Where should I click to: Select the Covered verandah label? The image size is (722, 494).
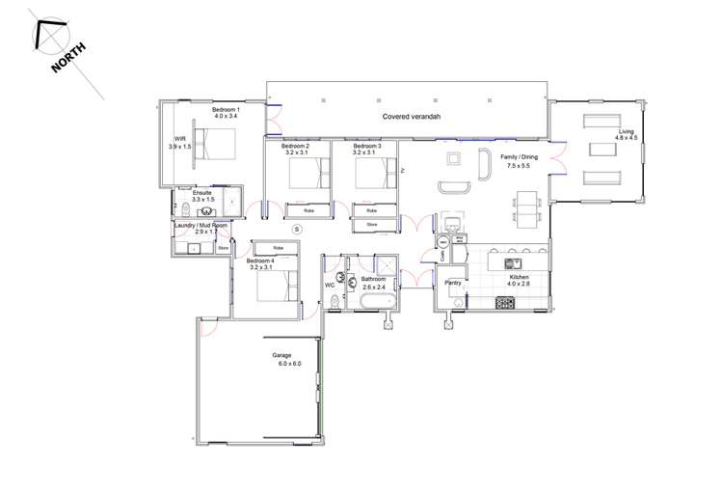click(x=409, y=117)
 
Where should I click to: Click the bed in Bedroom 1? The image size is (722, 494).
click(x=217, y=144)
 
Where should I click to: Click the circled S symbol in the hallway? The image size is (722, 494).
click(x=297, y=229)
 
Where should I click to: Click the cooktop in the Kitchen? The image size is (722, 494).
click(x=506, y=303)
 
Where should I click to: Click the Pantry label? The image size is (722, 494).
click(x=453, y=284)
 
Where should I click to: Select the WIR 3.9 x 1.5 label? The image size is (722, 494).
click(x=180, y=142)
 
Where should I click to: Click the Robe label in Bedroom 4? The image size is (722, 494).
click(x=279, y=248)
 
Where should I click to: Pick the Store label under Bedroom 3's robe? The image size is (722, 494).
click(x=373, y=225)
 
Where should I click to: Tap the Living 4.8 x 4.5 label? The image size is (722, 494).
click(x=627, y=134)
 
